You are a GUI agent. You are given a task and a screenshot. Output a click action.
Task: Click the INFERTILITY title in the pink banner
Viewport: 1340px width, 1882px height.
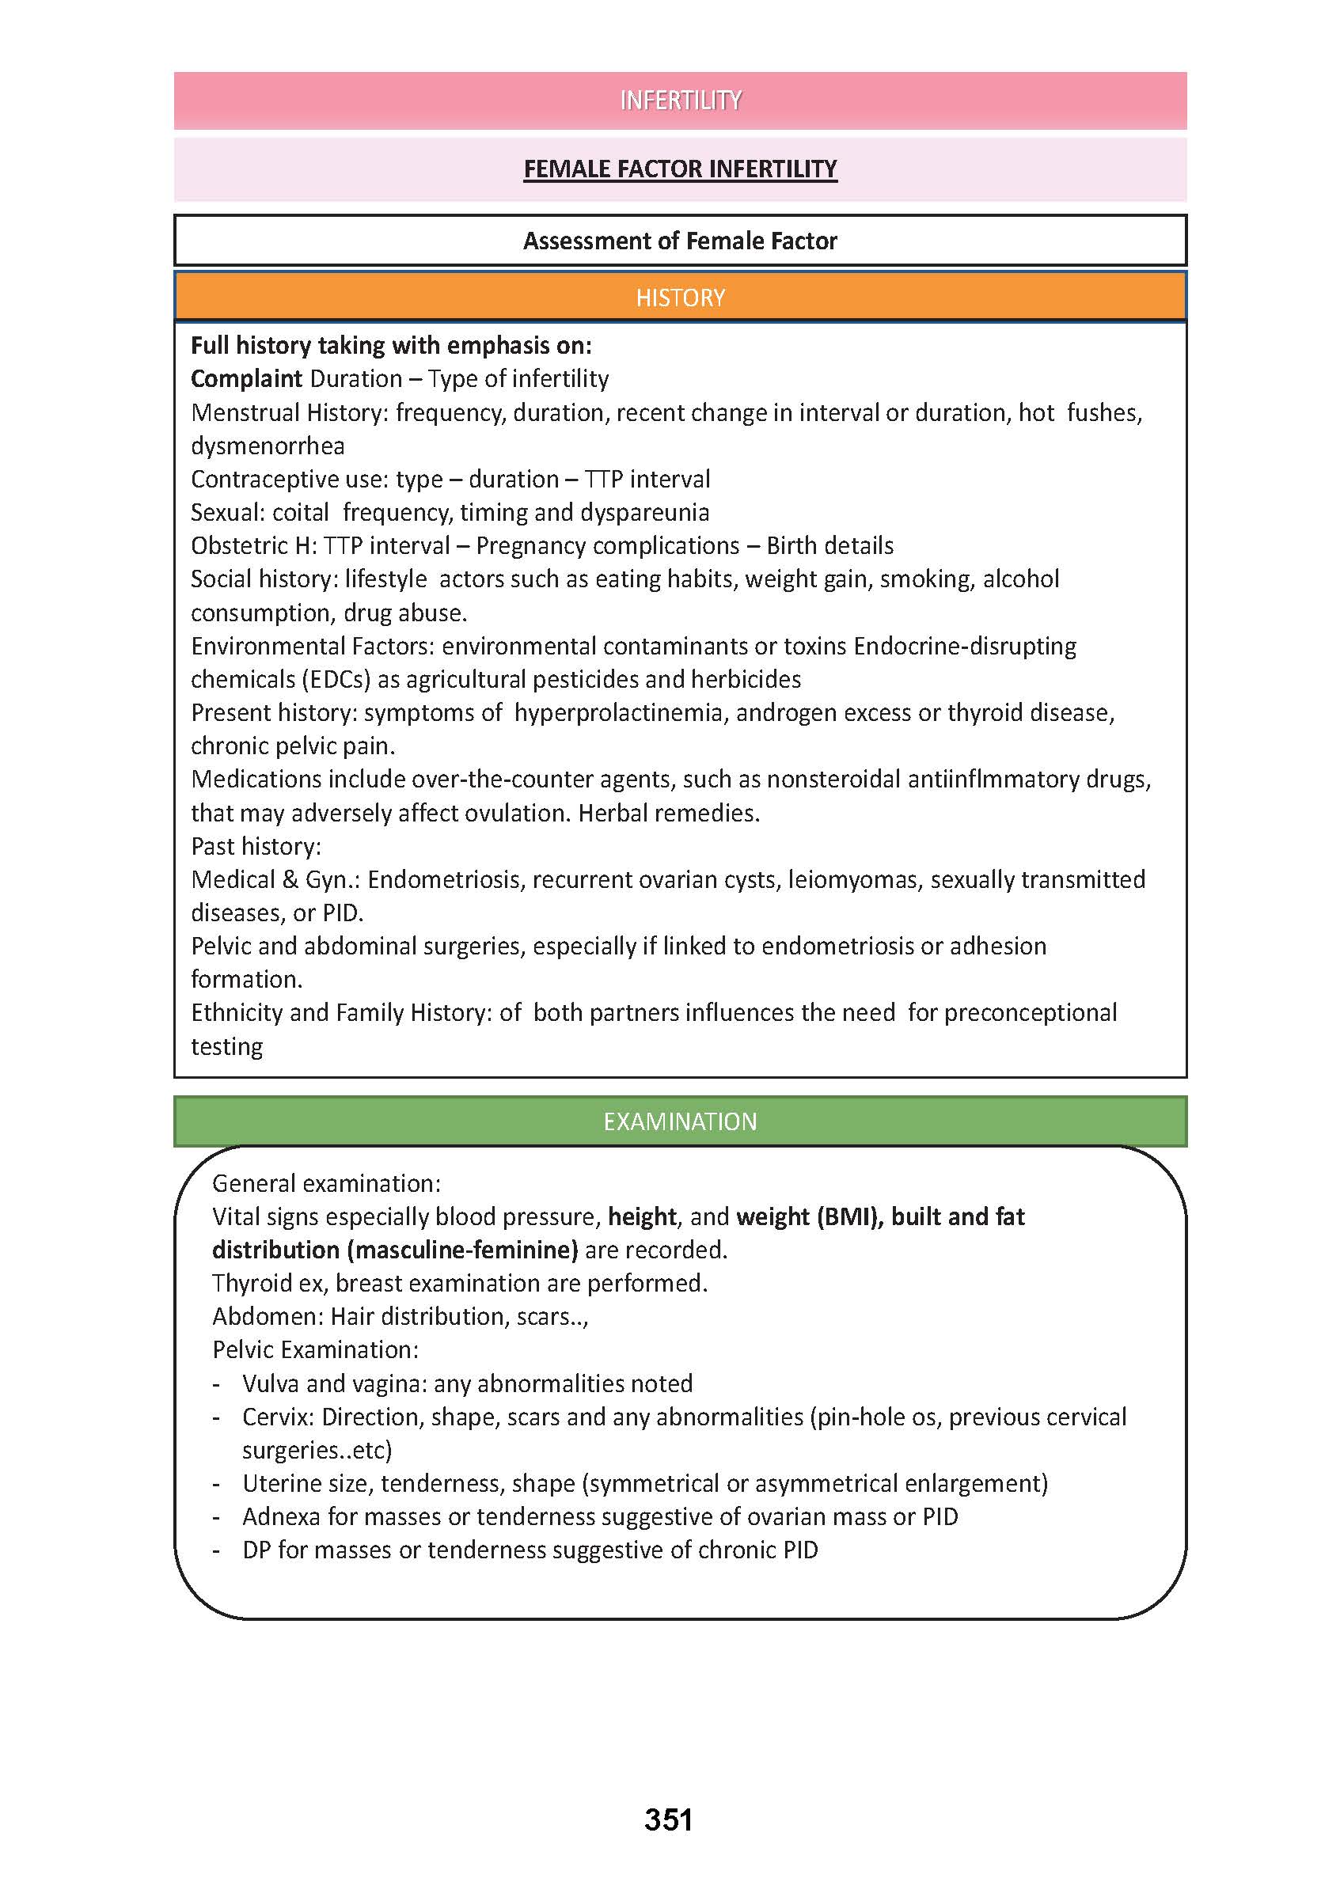pyautogui.click(x=680, y=101)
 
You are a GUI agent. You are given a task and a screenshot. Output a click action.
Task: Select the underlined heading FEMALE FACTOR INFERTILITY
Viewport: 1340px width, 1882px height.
pyautogui.click(x=680, y=169)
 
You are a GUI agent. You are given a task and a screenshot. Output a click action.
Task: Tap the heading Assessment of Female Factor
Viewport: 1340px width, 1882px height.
pyautogui.click(x=680, y=241)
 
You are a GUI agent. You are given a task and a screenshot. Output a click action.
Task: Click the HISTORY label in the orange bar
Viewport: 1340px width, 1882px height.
pyautogui.click(x=680, y=298)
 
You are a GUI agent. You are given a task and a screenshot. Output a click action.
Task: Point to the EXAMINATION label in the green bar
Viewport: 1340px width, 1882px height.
pyautogui.click(x=680, y=1121)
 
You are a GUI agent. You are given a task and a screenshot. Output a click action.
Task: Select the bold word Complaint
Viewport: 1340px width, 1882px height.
pyautogui.click(x=246, y=379)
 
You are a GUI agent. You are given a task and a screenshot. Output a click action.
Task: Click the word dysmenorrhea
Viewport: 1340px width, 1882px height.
pyautogui.click(x=268, y=446)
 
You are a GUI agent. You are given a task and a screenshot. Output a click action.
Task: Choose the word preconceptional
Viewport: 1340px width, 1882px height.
pyautogui.click(x=1030, y=1012)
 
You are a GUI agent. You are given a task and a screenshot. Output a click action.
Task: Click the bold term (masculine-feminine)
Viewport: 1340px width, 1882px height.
pyautogui.click(x=462, y=1250)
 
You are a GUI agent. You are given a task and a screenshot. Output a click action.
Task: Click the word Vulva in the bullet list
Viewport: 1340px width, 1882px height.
pyautogui.click(x=270, y=1383)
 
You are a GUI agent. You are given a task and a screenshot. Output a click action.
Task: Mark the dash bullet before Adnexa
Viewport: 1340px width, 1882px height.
pyautogui.click(x=216, y=1517)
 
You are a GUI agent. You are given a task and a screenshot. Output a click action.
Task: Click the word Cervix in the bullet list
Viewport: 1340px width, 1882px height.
pyautogui.click(x=274, y=1417)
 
